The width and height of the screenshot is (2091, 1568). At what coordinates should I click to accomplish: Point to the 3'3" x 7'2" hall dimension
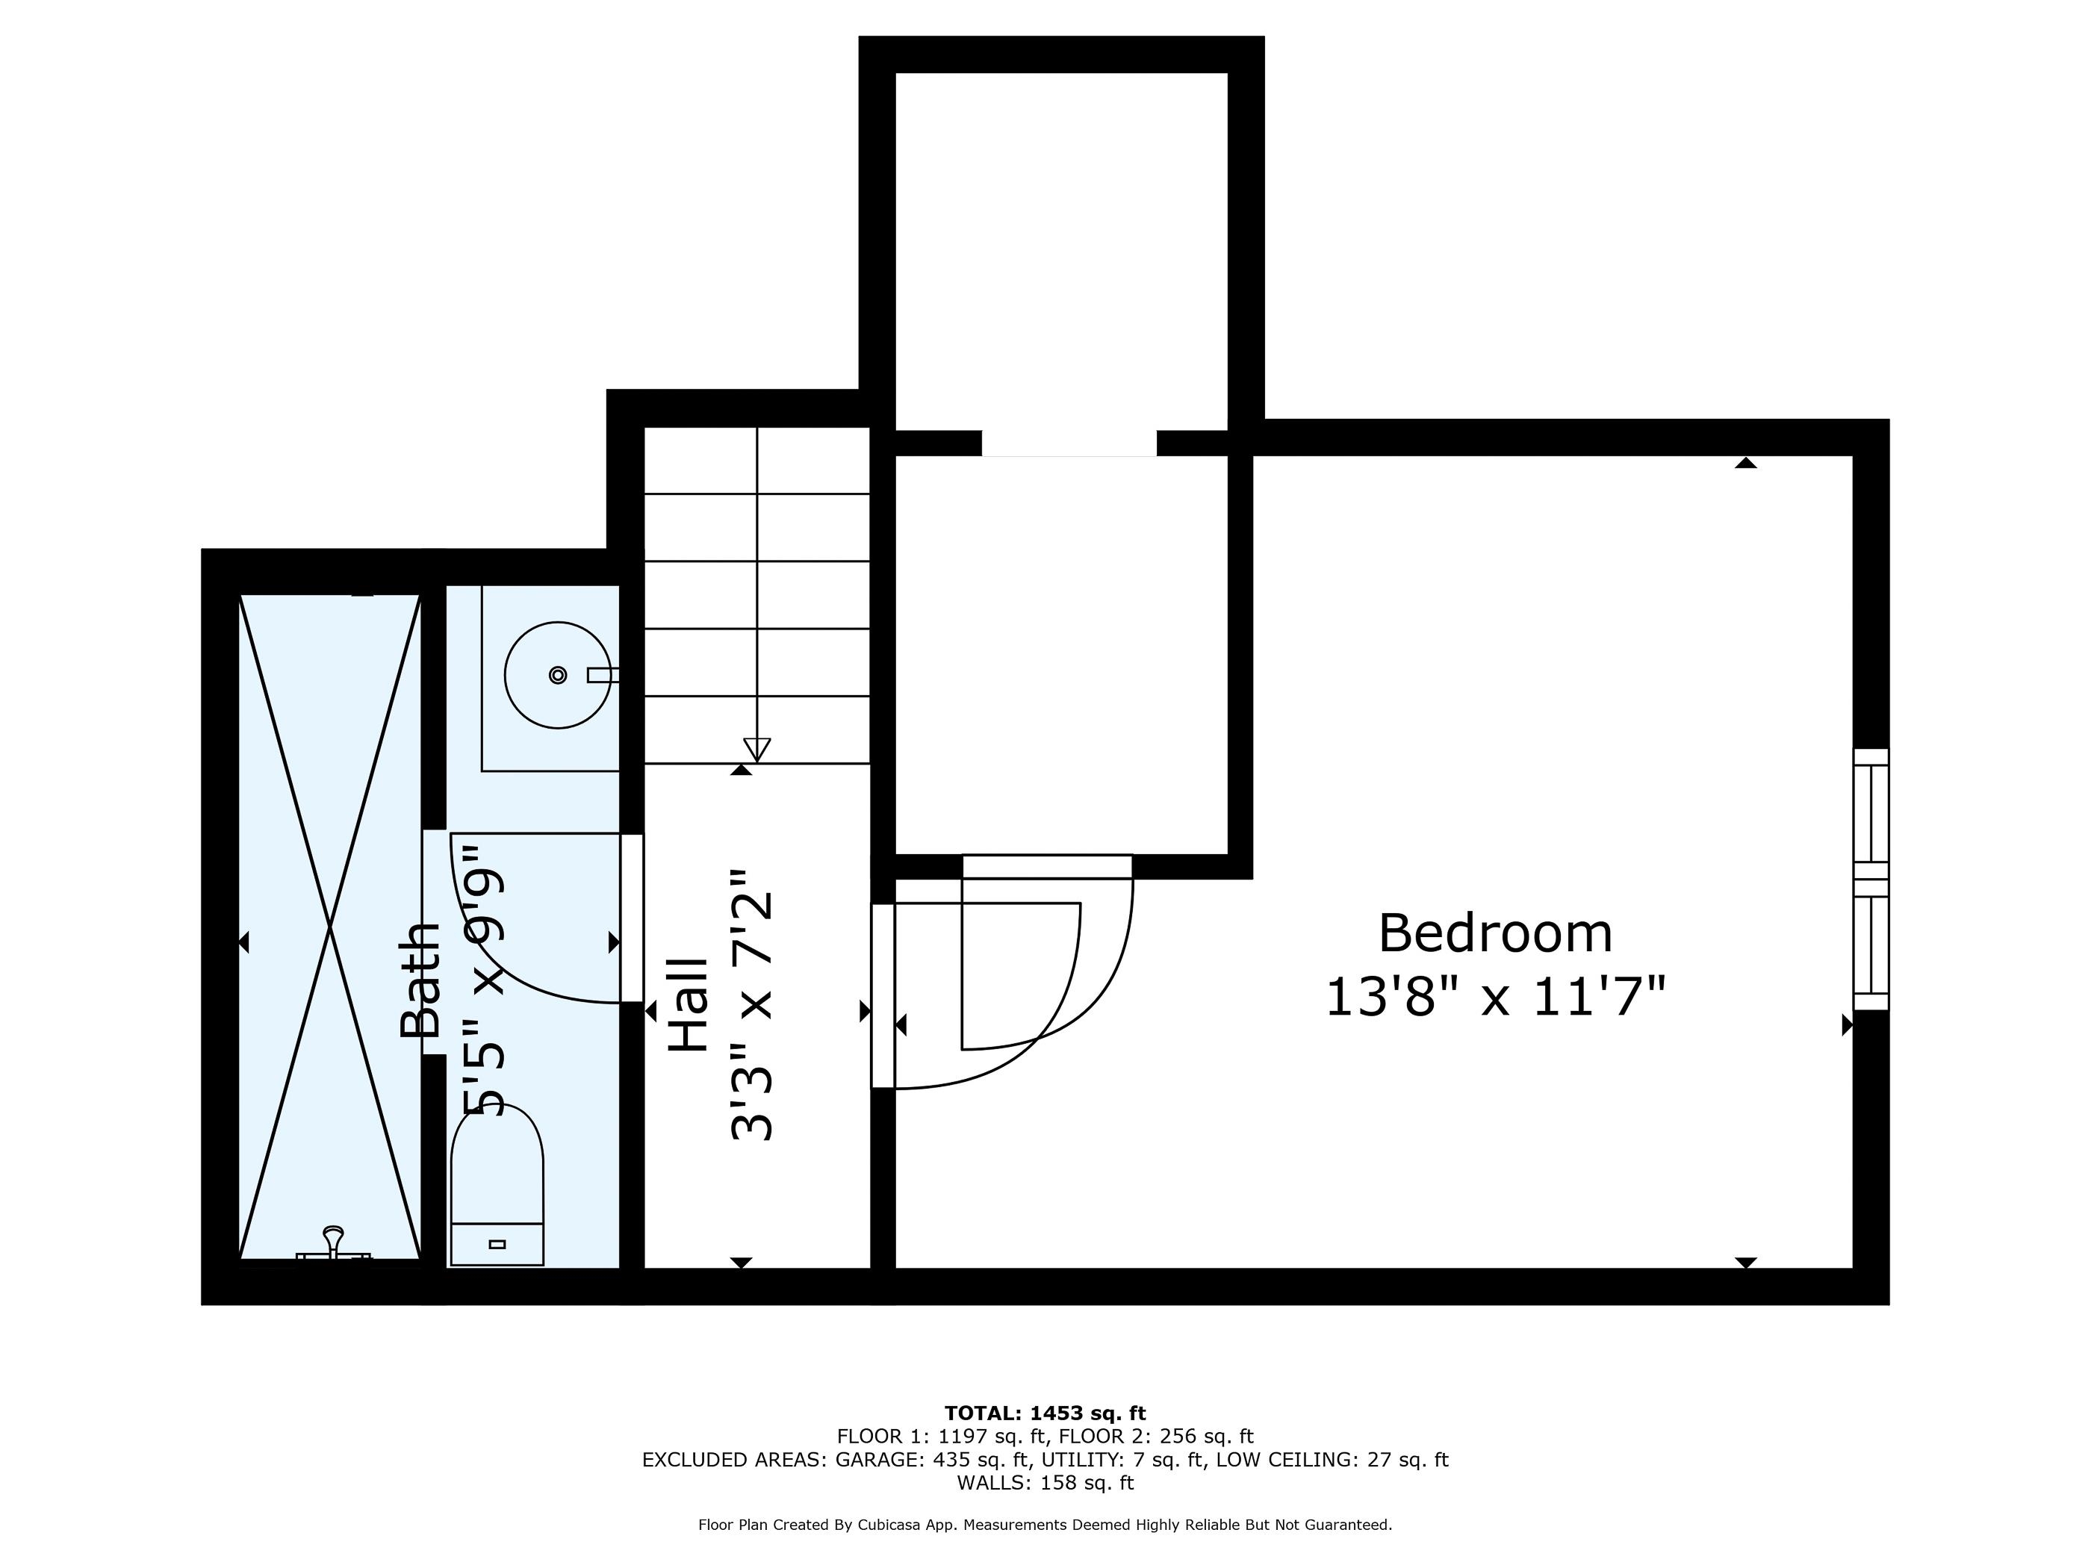pyautogui.click(x=754, y=1006)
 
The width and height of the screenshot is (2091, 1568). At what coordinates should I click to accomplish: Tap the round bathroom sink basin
pyautogui.click(x=558, y=675)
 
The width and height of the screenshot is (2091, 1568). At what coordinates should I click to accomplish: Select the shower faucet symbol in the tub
pyautogui.click(x=334, y=1241)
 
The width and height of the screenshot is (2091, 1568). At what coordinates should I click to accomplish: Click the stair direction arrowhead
pyautogui.click(x=756, y=750)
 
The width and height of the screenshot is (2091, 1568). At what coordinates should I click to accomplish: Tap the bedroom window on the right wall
pyautogui.click(x=1870, y=879)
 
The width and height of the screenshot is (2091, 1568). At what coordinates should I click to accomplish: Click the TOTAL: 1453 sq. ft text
pyautogui.click(x=1045, y=1413)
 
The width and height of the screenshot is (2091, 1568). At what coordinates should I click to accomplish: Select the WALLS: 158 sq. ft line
pyautogui.click(x=1045, y=1482)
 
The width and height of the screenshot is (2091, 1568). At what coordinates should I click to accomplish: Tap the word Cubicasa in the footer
pyautogui.click(x=901, y=1525)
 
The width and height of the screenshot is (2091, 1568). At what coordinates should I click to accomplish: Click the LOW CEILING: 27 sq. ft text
pyautogui.click(x=1331, y=1459)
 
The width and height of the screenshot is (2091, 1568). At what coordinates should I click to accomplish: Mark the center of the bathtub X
pyautogui.click(x=330, y=927)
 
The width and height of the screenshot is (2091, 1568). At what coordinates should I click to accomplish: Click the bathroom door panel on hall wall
pyautogui.click(x=632, y=918)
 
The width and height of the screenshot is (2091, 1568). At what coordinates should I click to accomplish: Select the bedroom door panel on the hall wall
pyautogui.click(x=882, y=995)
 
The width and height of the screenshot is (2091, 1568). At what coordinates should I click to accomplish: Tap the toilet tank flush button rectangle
pyautogui.click(x=497, y=1244)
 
